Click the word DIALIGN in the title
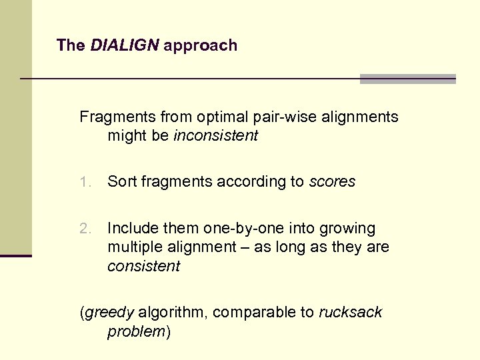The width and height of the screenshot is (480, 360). (124, 45)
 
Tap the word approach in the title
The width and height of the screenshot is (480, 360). (200, 46)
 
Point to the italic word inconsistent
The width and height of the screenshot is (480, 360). (215, 136)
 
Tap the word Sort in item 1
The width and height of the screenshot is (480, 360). (121, 181)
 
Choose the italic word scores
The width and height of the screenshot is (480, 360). (332, 181)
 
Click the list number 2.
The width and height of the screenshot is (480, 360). (84, 229)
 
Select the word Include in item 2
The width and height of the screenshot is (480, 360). (131, 229)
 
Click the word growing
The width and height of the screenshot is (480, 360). (348, 229)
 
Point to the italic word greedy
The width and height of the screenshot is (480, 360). (109, 313)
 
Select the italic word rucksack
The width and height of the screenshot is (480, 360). (350, 313)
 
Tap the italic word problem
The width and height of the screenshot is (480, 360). (136, 331)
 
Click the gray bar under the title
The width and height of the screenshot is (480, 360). (407, 79)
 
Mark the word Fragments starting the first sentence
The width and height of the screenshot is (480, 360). (117, 117)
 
